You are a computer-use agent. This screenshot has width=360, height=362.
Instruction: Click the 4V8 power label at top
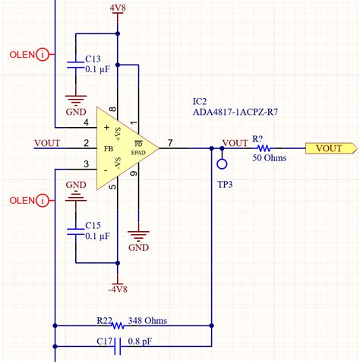click(117, 8)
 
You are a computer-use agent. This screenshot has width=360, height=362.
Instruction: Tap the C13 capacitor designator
click(93, 59)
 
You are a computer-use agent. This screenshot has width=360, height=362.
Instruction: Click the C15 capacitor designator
click(93, 226)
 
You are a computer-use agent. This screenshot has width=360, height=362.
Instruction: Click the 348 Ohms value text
click(148, 320)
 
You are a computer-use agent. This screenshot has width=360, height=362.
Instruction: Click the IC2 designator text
click(203, 101)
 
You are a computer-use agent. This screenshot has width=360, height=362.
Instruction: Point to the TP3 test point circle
click(222, 162)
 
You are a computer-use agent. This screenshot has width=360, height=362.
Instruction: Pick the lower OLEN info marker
click(43, 200)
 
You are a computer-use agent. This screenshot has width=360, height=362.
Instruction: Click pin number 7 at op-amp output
click(170, 142)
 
